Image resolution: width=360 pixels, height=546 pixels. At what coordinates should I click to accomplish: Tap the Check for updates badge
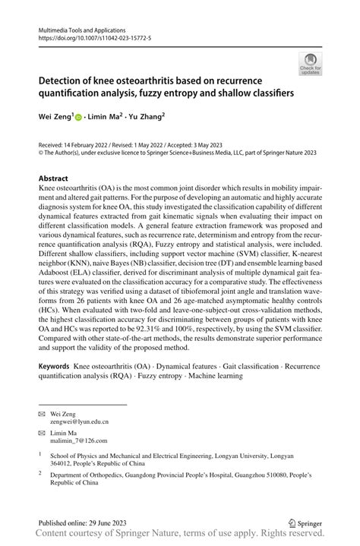310,64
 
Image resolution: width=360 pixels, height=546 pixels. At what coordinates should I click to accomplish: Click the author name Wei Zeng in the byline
55,116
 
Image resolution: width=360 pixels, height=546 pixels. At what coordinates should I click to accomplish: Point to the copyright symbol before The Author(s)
41,151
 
